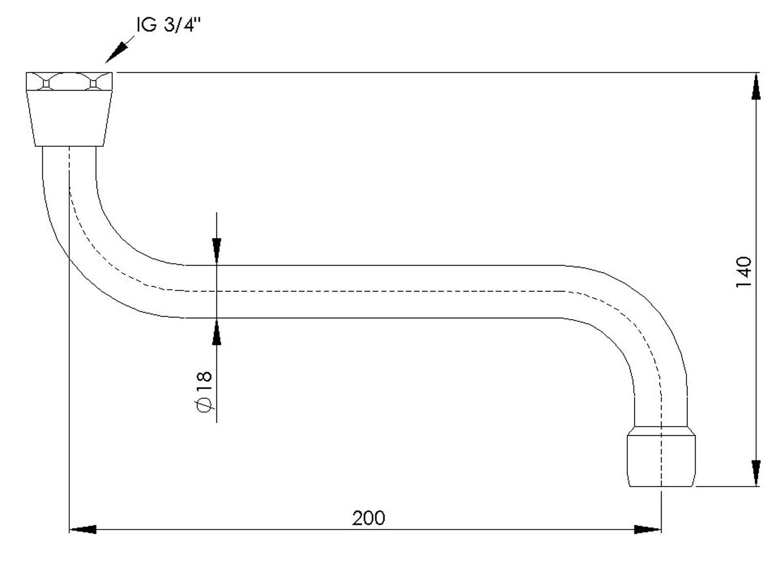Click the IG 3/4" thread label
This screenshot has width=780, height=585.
click(169, 25)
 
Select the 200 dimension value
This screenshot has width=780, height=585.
click(368, 518)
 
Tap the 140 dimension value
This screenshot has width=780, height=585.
click(743, 273)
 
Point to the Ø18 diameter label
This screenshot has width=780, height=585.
click(204, 392)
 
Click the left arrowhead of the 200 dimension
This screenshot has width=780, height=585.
click(83, 529)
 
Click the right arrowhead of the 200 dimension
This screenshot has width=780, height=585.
click(647, 529)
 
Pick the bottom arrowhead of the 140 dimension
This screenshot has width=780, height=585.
click(756, 473)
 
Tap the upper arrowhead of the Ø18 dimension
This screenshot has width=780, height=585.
click(217, 251)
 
